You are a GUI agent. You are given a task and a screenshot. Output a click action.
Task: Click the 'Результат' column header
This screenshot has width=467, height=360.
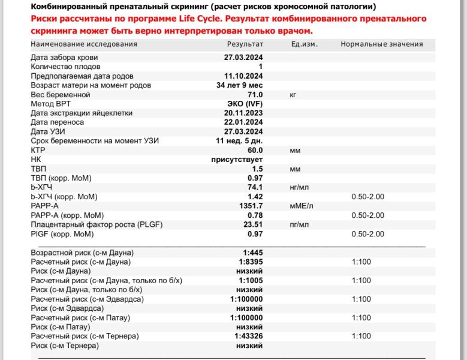pyautogui.click(x=245, y=44)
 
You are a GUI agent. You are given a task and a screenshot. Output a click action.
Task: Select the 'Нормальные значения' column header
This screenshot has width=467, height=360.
pyautogui.click(x=381, y=44)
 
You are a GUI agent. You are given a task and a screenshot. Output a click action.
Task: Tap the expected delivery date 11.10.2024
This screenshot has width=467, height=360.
pyautogui.click(x=243, y=76)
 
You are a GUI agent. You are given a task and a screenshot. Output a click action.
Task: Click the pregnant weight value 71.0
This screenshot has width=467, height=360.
pyautogui.click(x=255, y=95)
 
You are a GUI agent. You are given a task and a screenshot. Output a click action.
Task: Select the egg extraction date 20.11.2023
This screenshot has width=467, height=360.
pyautogui.click(x=243, y=113)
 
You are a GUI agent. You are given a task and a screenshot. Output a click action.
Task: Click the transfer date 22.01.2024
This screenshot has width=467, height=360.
pyautogui.click(x=243, y=122)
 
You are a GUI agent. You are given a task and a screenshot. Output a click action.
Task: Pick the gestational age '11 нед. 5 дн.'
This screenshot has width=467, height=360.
pyautogui.click(x=239, y=141)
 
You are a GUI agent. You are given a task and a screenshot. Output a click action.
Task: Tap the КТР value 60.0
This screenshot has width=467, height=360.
pyautogui.click(x=255, y=150)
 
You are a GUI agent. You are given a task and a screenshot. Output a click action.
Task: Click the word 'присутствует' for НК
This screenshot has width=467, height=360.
pyautogui.click(x=237, y=160)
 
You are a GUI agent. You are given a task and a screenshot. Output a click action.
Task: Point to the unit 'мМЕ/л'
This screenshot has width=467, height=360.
pyautogui.click(x=302, y=206)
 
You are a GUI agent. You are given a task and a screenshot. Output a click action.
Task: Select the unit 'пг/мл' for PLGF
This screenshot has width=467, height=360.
pyautogui.click(x=299, y=224)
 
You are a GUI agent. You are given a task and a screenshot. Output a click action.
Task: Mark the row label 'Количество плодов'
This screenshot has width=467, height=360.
pyautogui.click(x=66, y=67)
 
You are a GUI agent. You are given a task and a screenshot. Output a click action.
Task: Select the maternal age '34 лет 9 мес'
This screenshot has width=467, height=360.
pyautogui.click(x=240, y=85)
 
